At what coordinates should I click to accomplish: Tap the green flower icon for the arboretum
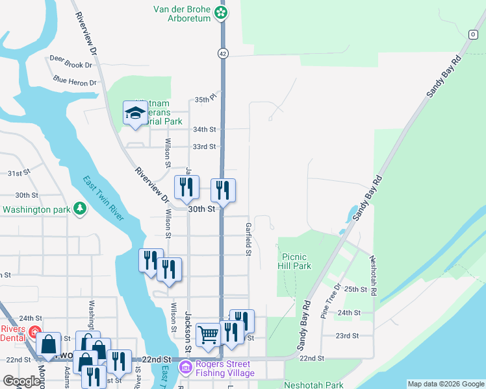pyautogui.click(x=222, y=12)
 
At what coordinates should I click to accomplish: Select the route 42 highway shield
pyautogui.click(x=222, y=53)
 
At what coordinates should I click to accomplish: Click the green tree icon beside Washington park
pyautogui.click(x=79, y=209)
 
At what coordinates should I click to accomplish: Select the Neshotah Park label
pyautogui.click(x=313, y=384)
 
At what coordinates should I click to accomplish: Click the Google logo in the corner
pyautogui.click(x=21, y=382)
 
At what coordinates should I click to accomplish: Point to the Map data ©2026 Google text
pyautogui.click(x=445, y=384)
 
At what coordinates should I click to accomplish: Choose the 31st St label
pyautogui.click(x=19, y=174)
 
